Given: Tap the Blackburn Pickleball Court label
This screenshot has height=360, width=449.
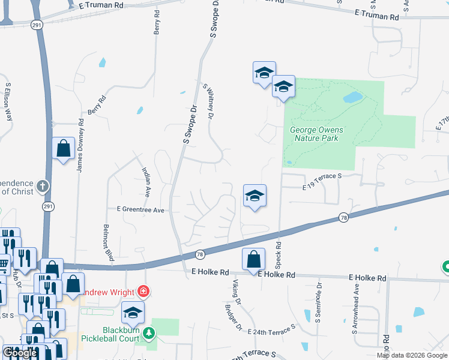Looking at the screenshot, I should pyautogui.click(x=113, y=335).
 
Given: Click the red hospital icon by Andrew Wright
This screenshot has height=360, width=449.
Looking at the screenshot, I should pyautogui.click(x=143, y=292).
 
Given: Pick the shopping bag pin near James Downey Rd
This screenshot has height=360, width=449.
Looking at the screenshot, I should pyautogui.click(x=63, y=148).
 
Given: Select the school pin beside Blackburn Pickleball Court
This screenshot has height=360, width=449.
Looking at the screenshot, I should pyautogui.click(x=133, y=312).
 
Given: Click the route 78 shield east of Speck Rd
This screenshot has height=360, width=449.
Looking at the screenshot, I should pyautogui.click(x=343, y=217).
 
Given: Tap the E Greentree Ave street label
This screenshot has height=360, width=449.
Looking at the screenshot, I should pyautogui.click(x=140, y=210).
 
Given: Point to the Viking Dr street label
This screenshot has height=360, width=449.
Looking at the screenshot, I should pyautogui.click(x=235, y=290).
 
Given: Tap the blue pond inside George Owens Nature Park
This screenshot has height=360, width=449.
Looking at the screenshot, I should pyautogui.click(x=353, y=97).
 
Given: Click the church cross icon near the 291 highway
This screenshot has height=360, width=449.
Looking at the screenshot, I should pyautogui.click(x=42, y=185).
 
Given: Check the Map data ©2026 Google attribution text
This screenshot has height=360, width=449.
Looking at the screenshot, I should pyautogui.click(x=412, y=355).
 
